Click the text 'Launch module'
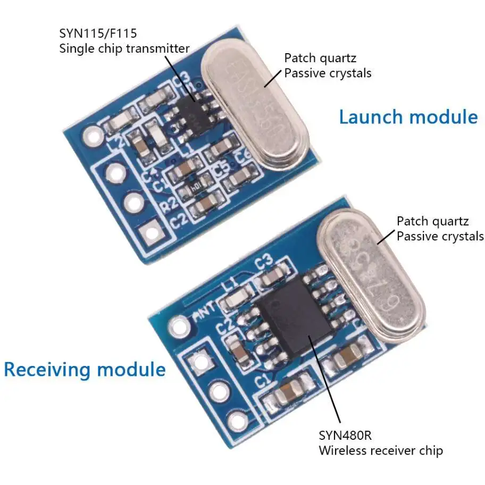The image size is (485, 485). point(408,116)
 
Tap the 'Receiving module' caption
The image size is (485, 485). point(85,369)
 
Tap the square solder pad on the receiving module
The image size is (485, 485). point(200,363)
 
